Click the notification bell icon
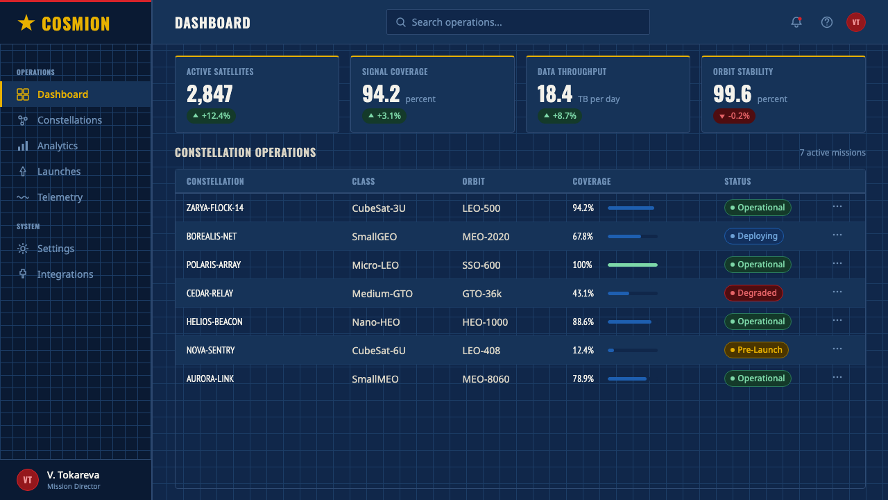click(x=796, y=22)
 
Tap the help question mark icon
click(x=826, y=22)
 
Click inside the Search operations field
click(x=518, y=22)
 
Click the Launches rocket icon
click(x=23, y=172)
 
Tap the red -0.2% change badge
click(x=734, y=116)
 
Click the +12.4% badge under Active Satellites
click(x=212, y=116)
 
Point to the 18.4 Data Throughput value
click(x=554, y=94)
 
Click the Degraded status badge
click(x=753, y=293)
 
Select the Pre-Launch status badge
click(x=756, y=350)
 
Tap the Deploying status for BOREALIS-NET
click(x=753, y=236)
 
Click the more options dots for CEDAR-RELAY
click(x=837, y=292)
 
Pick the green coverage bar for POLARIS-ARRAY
click(x=633, y=265)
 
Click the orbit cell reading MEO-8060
click(x=486, y=379)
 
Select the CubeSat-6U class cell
click(x=379, y=351)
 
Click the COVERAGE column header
click(x=592, y=181)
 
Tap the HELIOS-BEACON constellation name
click(x=214, y=322)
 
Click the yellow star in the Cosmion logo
click(x=26, y=23)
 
